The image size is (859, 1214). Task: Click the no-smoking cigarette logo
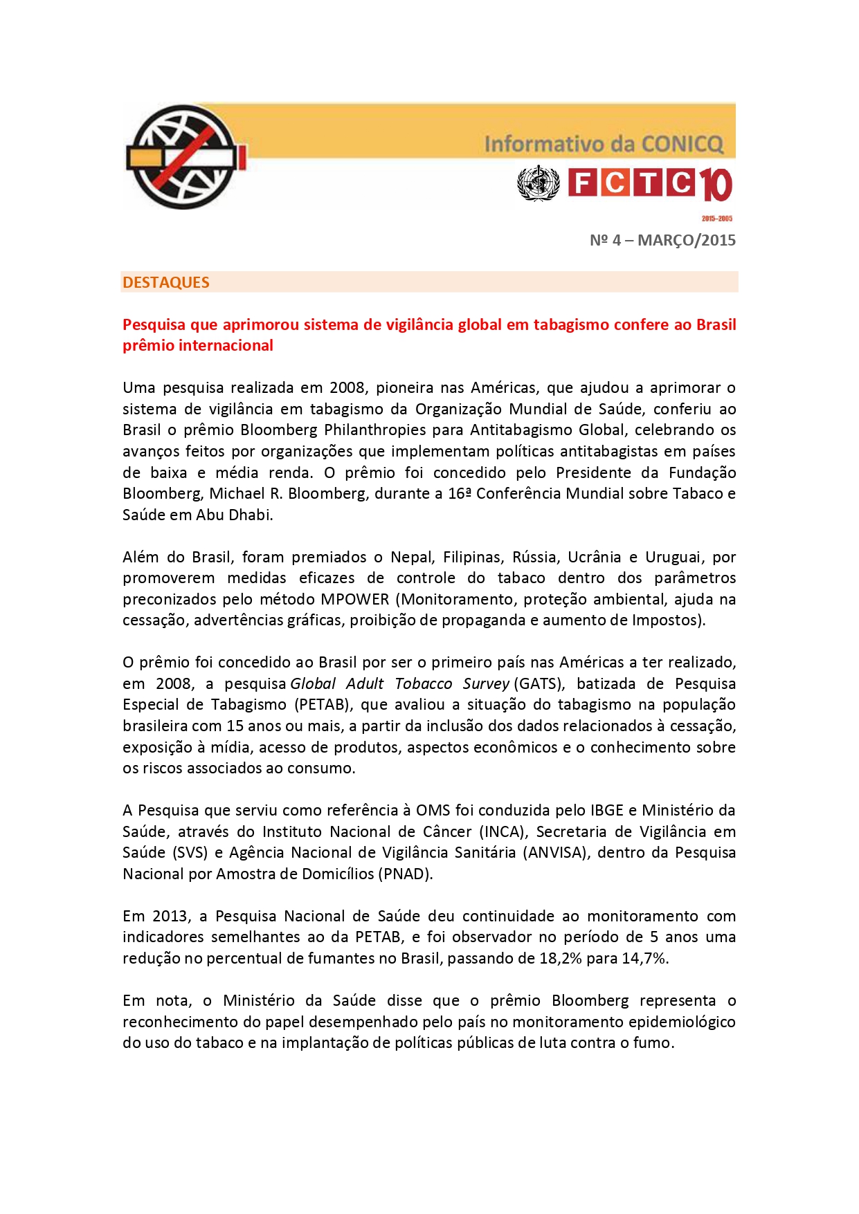point(184,157)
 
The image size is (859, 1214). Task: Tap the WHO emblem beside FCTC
point(538,183)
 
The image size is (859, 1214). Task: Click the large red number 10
point(716,185)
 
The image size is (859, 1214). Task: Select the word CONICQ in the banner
point(682,144)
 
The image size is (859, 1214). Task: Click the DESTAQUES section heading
point(166,282)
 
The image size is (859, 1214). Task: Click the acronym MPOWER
point(354,599)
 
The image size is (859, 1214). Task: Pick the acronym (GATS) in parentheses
point(539,683)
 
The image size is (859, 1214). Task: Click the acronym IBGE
point(607,810)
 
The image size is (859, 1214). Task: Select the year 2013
point(170,916)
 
